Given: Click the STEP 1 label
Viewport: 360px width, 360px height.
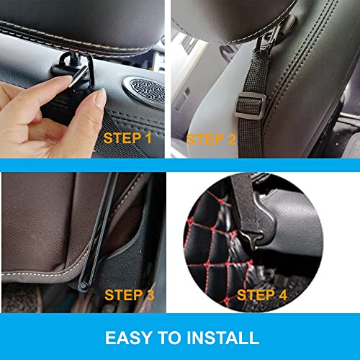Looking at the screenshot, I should [x=128, y=138].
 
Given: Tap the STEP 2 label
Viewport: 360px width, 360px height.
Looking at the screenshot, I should [x=212, y=139].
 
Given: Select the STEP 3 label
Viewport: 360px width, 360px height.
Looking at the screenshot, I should [x=130, y=294].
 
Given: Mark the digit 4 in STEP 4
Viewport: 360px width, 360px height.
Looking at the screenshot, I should [x=283, y=294].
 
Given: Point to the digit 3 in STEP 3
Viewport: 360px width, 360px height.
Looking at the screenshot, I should [x=150, y=294].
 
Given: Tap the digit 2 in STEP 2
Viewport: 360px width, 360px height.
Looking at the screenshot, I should [x=233, y=139].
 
